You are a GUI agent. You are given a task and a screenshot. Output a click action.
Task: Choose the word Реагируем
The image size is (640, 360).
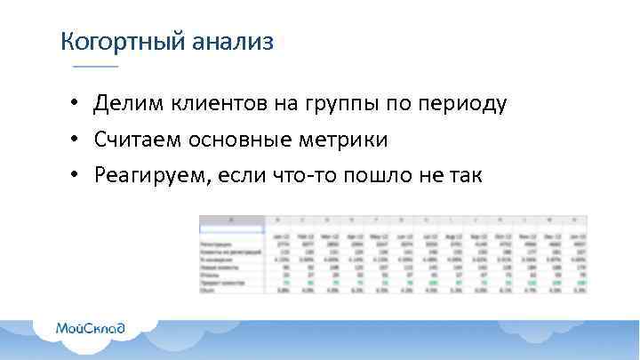pos(149,175)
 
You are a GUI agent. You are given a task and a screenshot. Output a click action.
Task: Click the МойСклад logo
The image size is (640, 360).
pos(91,328)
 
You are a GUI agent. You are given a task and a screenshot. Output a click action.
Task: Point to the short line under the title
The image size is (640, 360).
pos(95,68)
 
